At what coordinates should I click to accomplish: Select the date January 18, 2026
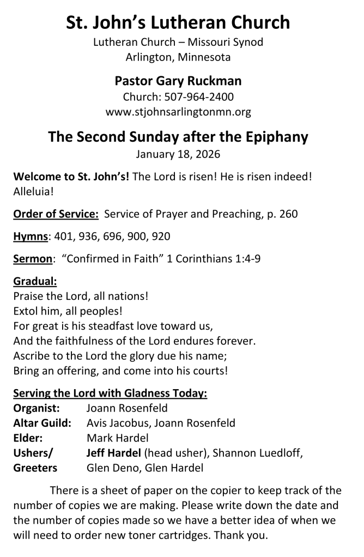coord(178,154)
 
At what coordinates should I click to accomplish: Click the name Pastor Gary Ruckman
coord(178,81)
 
